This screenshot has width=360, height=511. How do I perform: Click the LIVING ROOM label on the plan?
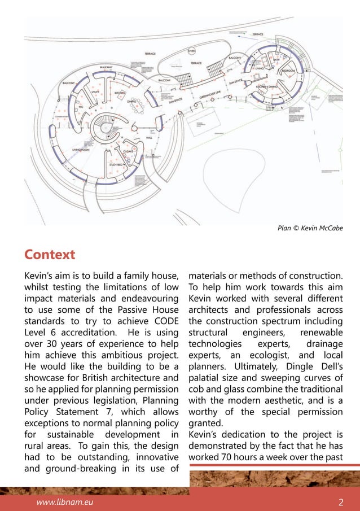tap(82, 149)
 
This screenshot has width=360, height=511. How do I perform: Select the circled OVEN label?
tap(191, 51)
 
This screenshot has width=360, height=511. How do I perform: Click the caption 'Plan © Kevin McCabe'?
tap(310, 228)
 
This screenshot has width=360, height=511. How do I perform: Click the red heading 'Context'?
tap(49, 255)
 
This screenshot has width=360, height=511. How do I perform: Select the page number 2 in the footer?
tap(341, 501)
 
